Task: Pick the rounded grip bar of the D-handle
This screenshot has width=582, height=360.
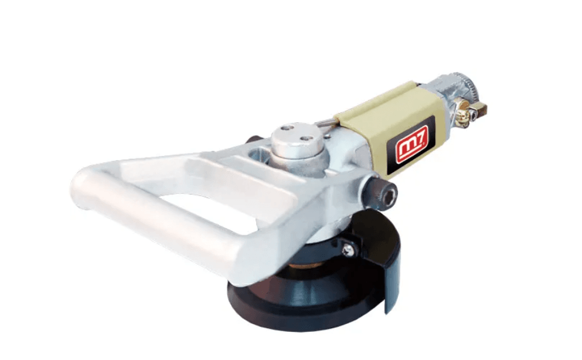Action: [x=149, y=222]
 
